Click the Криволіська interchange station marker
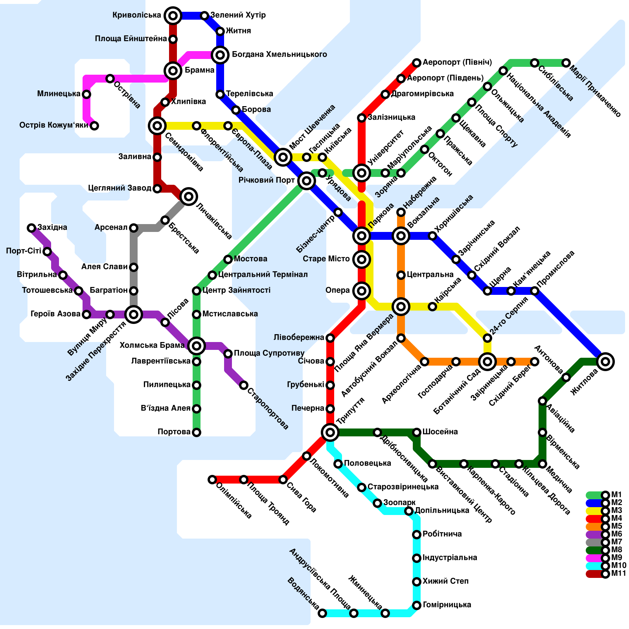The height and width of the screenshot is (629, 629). tap(173, 16)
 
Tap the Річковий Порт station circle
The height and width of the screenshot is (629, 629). tap(307, 181)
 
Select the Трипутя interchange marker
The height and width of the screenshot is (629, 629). tap(330, 432)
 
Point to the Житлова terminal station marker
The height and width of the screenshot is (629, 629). tap(605, 362)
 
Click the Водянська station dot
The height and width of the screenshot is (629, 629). tap(322, 613)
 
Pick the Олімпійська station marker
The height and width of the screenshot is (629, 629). tap(212, 480)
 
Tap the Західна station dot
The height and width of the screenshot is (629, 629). tap(31, 228)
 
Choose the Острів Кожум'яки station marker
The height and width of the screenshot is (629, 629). tap(94, 126)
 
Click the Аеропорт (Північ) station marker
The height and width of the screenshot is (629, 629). tap(417, 63)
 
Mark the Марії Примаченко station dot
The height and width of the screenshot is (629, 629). tap(566, 63)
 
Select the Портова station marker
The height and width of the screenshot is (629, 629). tap(197, 432)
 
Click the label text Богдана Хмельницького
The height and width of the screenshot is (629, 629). tap(279, 55)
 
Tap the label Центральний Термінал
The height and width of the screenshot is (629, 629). tap(263, 275)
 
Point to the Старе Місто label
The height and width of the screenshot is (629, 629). tap(326, 259)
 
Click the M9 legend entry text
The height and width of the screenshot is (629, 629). tap(616, 558)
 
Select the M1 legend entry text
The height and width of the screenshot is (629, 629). tap(616, 495)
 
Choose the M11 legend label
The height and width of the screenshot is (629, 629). tap(618, 574)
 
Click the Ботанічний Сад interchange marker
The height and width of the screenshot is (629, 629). tap(487, 362)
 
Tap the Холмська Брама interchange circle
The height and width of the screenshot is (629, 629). tap(197, 346)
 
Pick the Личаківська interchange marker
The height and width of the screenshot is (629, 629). tap(189, 197)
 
